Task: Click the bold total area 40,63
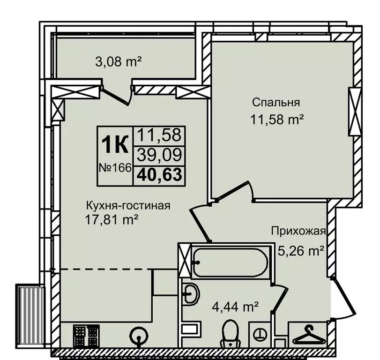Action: point(160,174)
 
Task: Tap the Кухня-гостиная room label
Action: point(127,205)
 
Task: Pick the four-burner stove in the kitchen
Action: point(86,335)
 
